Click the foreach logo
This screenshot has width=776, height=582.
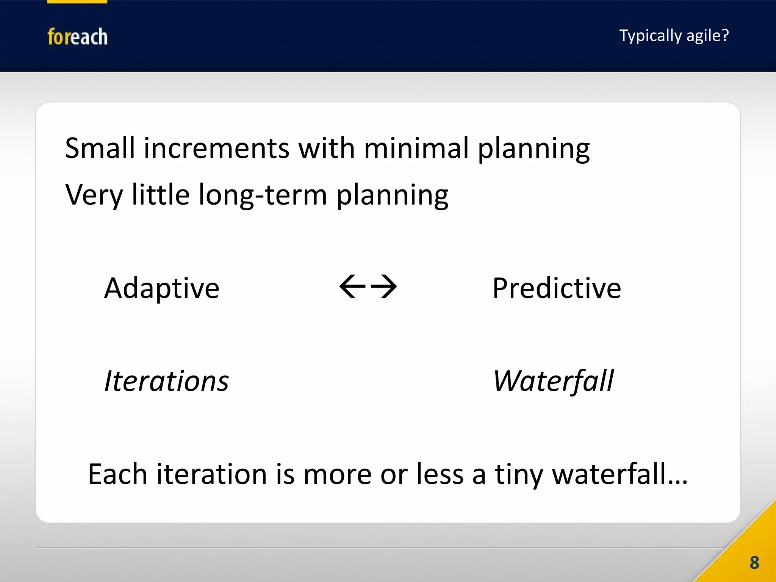point(77,37)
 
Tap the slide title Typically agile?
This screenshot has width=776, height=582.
point(674,36)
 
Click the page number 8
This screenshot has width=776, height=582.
point(754,563)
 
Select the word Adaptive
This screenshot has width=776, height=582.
point(162,289)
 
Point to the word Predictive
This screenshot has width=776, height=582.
point(556,289)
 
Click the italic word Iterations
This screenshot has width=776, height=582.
point(166,381)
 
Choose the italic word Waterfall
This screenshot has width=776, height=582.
point(553,381)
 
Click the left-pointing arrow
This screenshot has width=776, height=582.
point(352,286)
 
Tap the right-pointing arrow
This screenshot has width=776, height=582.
point(383,286)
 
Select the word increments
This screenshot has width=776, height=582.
point(216,149)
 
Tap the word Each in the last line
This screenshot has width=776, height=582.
point(117,474)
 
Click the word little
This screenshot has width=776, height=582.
point(160,194)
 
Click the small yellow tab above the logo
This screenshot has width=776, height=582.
point(77,2)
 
